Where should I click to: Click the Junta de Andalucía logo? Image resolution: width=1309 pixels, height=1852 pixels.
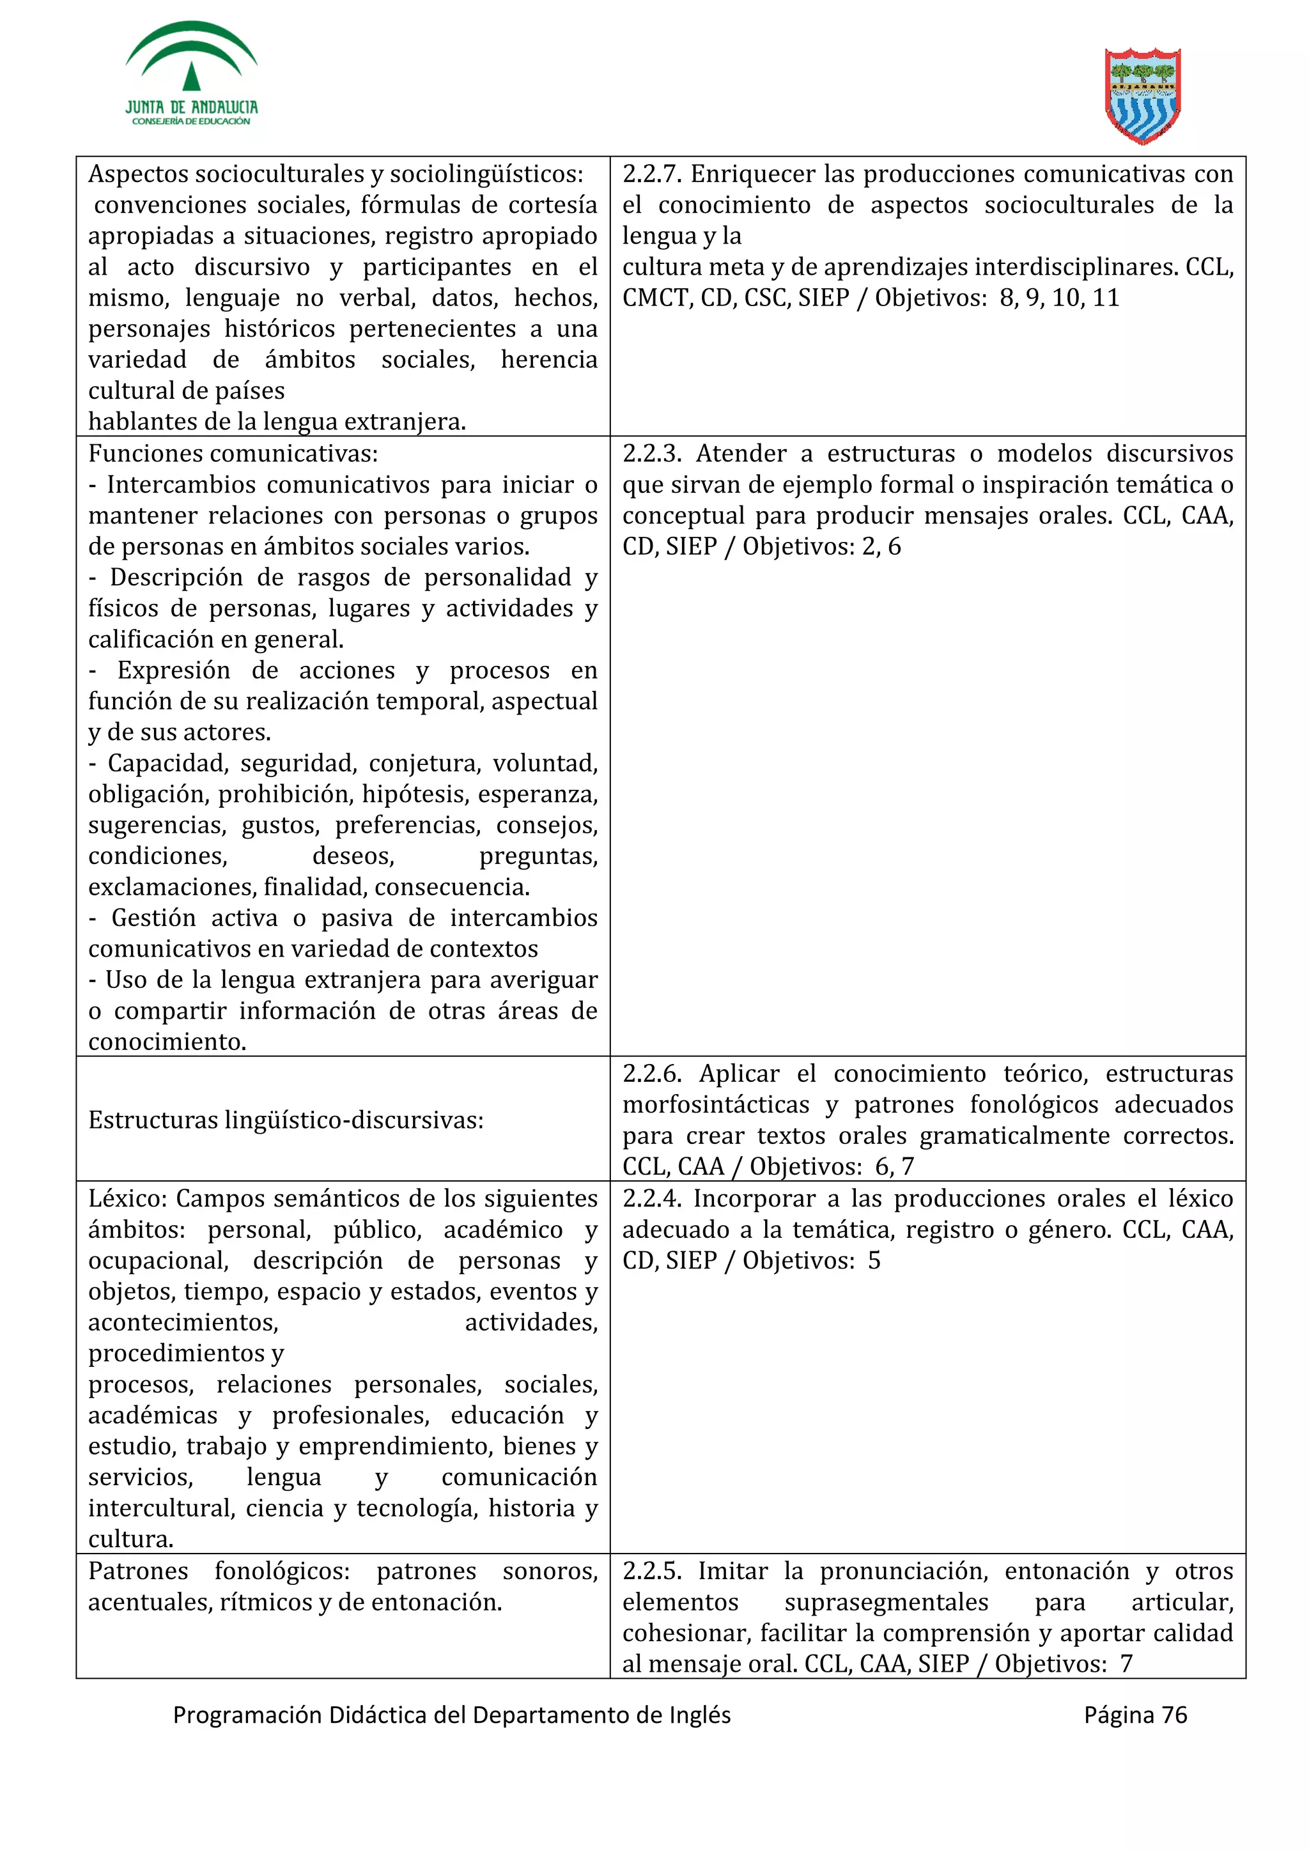[x=191, y=74]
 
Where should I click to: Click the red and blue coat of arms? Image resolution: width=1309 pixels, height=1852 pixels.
[x=1142, y=96]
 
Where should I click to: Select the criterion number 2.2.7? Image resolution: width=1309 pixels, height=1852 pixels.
[x=652, y=174]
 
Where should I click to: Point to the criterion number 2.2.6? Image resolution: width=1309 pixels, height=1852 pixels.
[x=652, y=1074]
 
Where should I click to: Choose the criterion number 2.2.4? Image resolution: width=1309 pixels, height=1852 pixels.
[x=652, y=1199]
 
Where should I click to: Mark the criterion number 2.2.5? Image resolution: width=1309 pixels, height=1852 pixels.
[x=652, y=1571]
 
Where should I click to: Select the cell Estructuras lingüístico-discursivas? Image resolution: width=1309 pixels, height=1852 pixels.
[x=286, y=1120]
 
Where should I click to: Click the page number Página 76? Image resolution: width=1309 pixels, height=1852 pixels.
[x=1135, y=1715]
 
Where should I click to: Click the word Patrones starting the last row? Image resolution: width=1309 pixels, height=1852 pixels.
[x=138, y=1571]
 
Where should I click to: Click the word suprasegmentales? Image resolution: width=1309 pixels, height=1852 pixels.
[x=887, y=1602]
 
